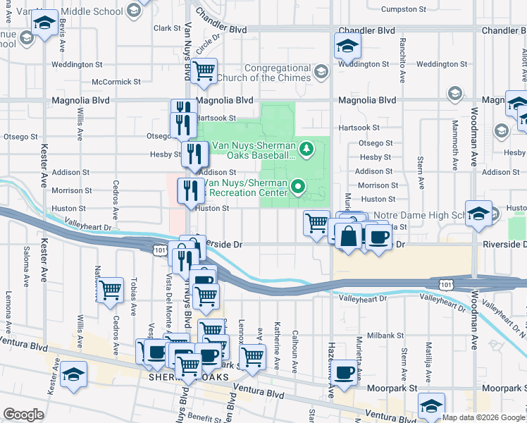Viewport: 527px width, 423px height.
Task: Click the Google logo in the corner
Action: pyautogui.click(x=23, y=415)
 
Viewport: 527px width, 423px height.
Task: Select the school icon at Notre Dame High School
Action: pyautogui.click(x=478, y=213)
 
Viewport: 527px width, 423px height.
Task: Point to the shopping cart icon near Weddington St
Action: pyautogui.click(x=204, y=70)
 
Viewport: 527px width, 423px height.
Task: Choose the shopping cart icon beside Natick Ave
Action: pyautogui.click(x=110, y=290)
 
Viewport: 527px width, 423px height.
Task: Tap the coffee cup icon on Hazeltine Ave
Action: pyautogui.click(x=344, y=372)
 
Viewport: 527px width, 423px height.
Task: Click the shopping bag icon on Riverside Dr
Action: pyautogui.click(x=348, y=236)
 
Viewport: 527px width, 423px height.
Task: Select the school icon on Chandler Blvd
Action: pyautogui.click(x=347, y=47)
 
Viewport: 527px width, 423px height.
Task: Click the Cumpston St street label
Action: pyautogui.click(x=404, y=9)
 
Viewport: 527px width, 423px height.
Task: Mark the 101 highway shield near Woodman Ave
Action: pyautogui.click(x=445, y=283)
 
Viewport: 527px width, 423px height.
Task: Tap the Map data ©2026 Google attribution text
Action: pyautogui.click(x=483, y=417)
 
